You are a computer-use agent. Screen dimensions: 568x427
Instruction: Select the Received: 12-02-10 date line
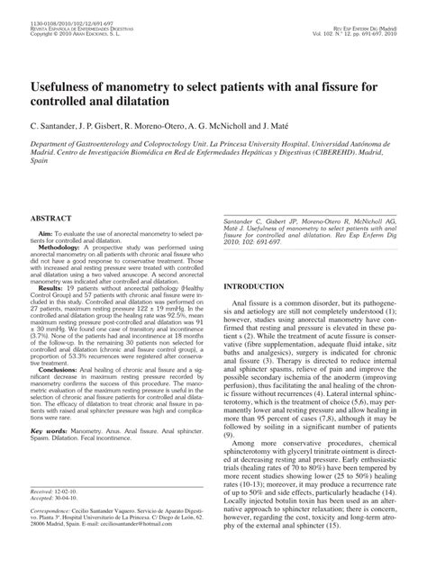(x=53, y=517)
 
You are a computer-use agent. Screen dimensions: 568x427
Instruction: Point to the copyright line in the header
(x=68, y=19)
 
